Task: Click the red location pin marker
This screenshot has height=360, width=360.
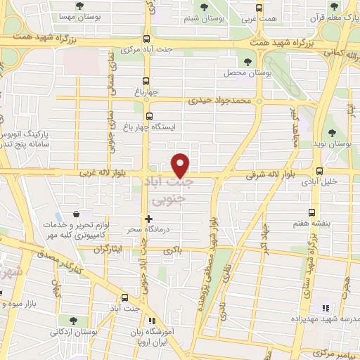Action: coord(181,165)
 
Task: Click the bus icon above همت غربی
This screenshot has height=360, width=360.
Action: coord(259,8)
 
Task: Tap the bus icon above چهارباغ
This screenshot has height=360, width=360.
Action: coord(146,80)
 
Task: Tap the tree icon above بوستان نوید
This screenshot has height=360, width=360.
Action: coord(333,132)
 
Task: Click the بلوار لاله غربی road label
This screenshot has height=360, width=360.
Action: coord(96,172)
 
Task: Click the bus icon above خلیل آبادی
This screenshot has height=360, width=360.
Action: coord(321,170)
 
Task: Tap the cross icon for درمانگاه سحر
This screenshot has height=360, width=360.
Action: coord(148,219)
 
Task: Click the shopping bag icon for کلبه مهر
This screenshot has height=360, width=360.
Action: coord(76,214)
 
